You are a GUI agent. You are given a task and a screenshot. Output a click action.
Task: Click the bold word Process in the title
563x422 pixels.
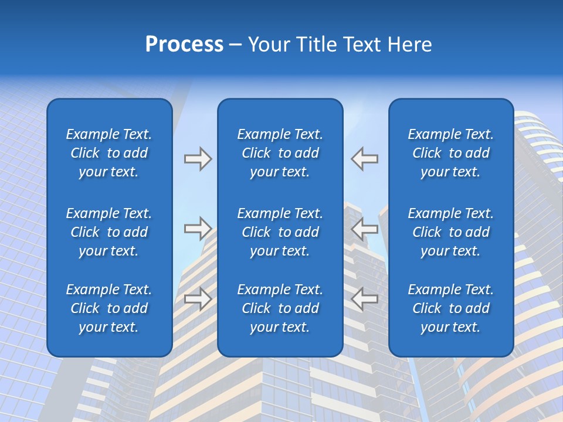click(184, 45)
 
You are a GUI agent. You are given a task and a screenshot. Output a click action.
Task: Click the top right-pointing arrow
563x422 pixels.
click(198, 159)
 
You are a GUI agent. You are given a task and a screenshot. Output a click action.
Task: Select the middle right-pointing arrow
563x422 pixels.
click(198, 229)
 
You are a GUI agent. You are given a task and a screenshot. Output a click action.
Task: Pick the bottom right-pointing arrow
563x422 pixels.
click(198, 299)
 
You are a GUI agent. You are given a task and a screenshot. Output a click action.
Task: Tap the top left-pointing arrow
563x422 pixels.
click(365, 159)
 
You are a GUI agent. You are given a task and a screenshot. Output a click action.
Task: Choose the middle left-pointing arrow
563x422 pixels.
click(365, 229)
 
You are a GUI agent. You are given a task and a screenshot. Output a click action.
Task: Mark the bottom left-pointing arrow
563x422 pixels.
click(365, 299)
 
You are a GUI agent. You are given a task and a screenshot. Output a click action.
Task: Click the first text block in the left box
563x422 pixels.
click(109, 153)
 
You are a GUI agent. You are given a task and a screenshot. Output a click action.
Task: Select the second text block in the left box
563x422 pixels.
click(109, 232)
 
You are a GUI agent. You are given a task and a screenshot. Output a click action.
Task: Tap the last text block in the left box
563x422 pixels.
click(109, 308)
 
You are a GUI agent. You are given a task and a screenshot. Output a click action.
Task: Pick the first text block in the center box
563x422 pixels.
click(280, 153)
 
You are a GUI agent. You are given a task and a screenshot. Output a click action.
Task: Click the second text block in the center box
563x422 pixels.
click(280, 232)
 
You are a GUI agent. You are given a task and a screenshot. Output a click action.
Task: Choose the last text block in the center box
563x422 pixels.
click(280, 308)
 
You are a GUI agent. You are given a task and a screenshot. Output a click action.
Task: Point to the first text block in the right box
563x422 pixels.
click(451, 153)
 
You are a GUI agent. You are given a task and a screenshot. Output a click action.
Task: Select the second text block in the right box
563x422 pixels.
click(451, 232)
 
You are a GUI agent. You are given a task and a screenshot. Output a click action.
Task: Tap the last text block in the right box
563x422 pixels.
click(451, 308)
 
